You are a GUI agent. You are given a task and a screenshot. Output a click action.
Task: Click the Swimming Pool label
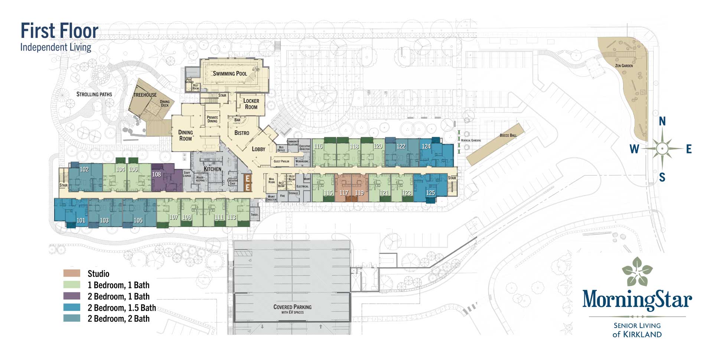click(x=230, y=74)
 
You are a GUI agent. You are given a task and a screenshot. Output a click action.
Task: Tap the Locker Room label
click(x=251, y=104)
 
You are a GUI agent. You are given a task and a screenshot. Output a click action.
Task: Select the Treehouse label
click(x=145, y=95)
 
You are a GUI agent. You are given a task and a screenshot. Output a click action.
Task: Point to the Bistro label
click(x=242, y=133)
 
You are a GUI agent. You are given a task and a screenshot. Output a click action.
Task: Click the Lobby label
click(x=258, y=149)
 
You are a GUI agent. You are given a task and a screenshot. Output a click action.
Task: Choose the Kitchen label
click(x=212, y=169)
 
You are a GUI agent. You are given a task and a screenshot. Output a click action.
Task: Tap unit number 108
click(x=157, y=174)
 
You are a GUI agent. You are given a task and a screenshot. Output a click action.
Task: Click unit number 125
click(x=430, y=192)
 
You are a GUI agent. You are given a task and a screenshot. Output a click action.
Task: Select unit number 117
click(x=344, y=193)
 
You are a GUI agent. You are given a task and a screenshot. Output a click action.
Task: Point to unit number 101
click(x=81, y=220)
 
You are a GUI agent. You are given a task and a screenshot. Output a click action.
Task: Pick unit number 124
click(x=426, y=146)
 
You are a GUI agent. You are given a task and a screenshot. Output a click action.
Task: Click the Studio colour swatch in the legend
click(x=72, y=273)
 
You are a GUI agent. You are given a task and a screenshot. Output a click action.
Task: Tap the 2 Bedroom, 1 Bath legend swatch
click(x=72, y=296)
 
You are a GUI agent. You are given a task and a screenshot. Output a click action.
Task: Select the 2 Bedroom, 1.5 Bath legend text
click(x=121, y=308)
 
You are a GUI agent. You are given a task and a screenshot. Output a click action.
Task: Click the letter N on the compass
click(x=662, y=121)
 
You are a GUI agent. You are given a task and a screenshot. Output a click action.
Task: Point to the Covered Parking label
click(x=292, y=307)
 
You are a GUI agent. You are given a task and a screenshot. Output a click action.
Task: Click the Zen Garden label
click(x=624, y=66)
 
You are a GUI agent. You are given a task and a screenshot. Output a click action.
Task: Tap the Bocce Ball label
click(x=508, y=135)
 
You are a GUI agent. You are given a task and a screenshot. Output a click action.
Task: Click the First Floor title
click(x=59, y=31)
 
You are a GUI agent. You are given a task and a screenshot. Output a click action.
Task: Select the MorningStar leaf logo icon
click(x=637, y=270)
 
